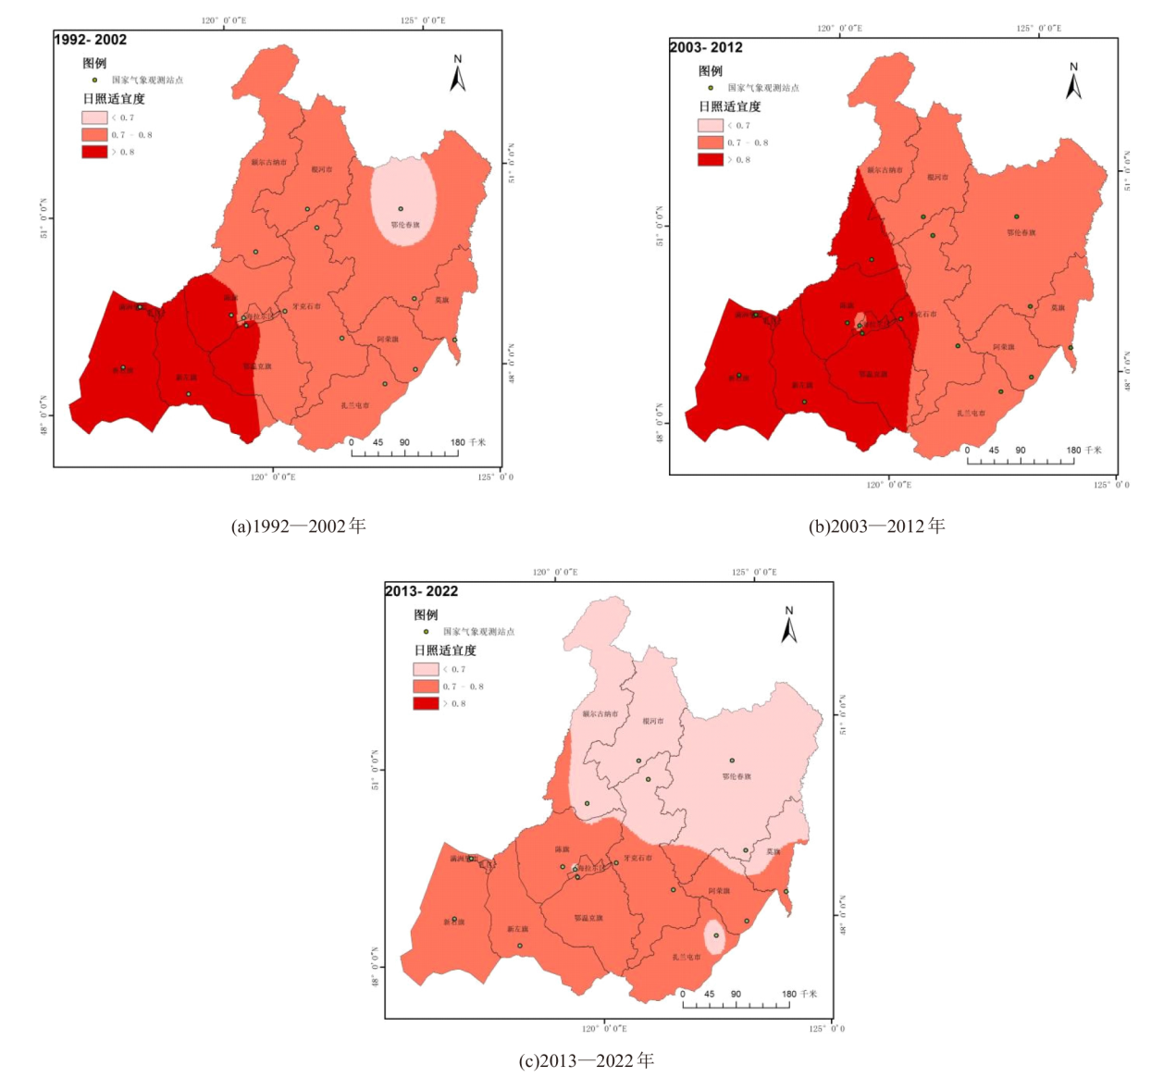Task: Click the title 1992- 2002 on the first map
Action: coord(91,40)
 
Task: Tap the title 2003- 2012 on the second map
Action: coord(706,47)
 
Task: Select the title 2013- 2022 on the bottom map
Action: coord(421,591)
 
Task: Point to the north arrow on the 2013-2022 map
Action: coord(788,625)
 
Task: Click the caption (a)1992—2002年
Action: coord(298,526)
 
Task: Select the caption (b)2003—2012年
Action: coord(876,526)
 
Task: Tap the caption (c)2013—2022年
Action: coord(586,1060)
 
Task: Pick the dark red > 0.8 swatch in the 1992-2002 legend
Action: coord(94,152)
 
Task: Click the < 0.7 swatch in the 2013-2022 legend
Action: coord(426,669)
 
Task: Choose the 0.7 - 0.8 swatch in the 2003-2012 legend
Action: coord(710,142)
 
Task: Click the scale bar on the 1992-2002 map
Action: coord(404,452)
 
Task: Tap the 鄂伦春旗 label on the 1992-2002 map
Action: coord(404,225)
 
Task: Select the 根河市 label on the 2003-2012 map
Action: coord(937,177)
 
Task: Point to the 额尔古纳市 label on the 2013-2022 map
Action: coord(600,714)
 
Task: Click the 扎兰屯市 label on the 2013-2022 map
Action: coord(686,957)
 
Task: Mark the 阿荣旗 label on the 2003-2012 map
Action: coord(1004,347)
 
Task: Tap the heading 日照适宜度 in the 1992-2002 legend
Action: coord(114,99)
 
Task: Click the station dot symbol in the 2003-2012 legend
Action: coord(711,88)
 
